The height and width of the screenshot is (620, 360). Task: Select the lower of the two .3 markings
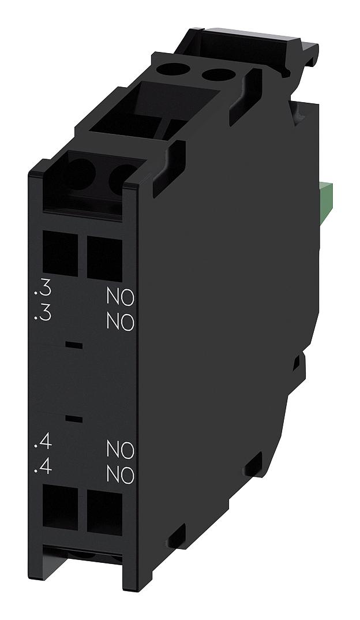(x=43, y=315)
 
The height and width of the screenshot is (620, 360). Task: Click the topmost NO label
(x=120, y=297)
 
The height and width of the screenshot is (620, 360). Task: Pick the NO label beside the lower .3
(x=120, y=322)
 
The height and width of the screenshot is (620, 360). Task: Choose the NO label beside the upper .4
(x=120, y=449)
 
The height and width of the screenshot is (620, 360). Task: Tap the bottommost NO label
(x=120, y=475)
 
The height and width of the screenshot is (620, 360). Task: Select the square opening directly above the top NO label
(x=104, y=257)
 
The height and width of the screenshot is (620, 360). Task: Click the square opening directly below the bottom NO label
(x=104, y=513)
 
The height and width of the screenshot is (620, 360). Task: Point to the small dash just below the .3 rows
(x=73, y=345)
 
